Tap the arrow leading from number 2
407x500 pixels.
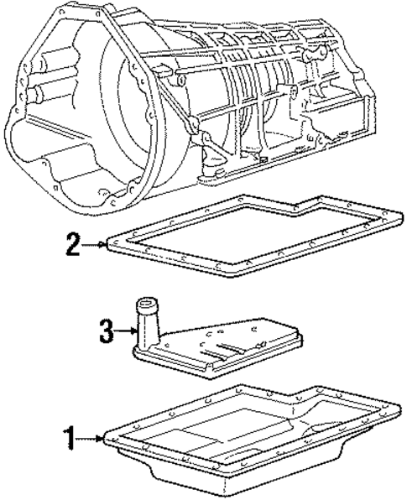(x=92, y=245)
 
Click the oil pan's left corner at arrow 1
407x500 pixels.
(x=107, y=437)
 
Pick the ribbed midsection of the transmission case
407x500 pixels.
(x=252, y=101)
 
